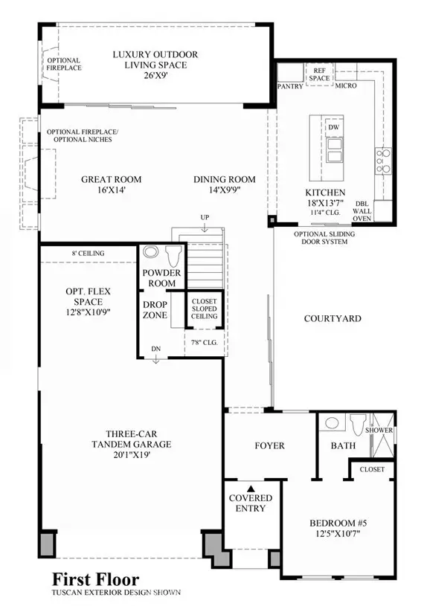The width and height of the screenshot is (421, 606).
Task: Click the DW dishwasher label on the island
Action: tap(332, 128)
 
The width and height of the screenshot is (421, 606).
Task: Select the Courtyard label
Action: tap(332, 318)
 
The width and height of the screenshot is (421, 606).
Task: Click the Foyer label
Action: tap(269, 445)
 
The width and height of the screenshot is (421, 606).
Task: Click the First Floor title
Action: tap(95, 578)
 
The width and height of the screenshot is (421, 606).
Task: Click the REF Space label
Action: tap(319, 74)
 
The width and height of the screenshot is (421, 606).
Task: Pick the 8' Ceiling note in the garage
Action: tap(88, 254)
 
